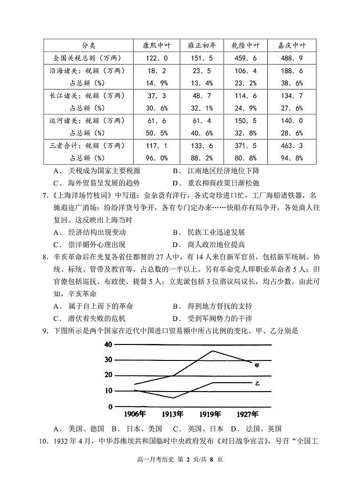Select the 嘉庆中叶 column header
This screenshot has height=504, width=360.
tap(292, 46)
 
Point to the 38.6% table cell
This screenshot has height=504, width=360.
tap(292, 83)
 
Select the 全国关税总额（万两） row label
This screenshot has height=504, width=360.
tap(88, 58)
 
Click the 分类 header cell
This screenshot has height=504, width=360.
tap(88, 46)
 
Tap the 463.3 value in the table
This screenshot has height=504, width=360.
tap(292, 145)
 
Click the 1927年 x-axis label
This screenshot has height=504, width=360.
tap(248, 415)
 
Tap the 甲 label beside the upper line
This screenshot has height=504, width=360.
tap(256, 365)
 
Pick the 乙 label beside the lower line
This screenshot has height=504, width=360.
tap(257, 384)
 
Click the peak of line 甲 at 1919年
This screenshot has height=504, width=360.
tap(212, 351)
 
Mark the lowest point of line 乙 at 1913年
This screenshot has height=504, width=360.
tap(173, 398)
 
